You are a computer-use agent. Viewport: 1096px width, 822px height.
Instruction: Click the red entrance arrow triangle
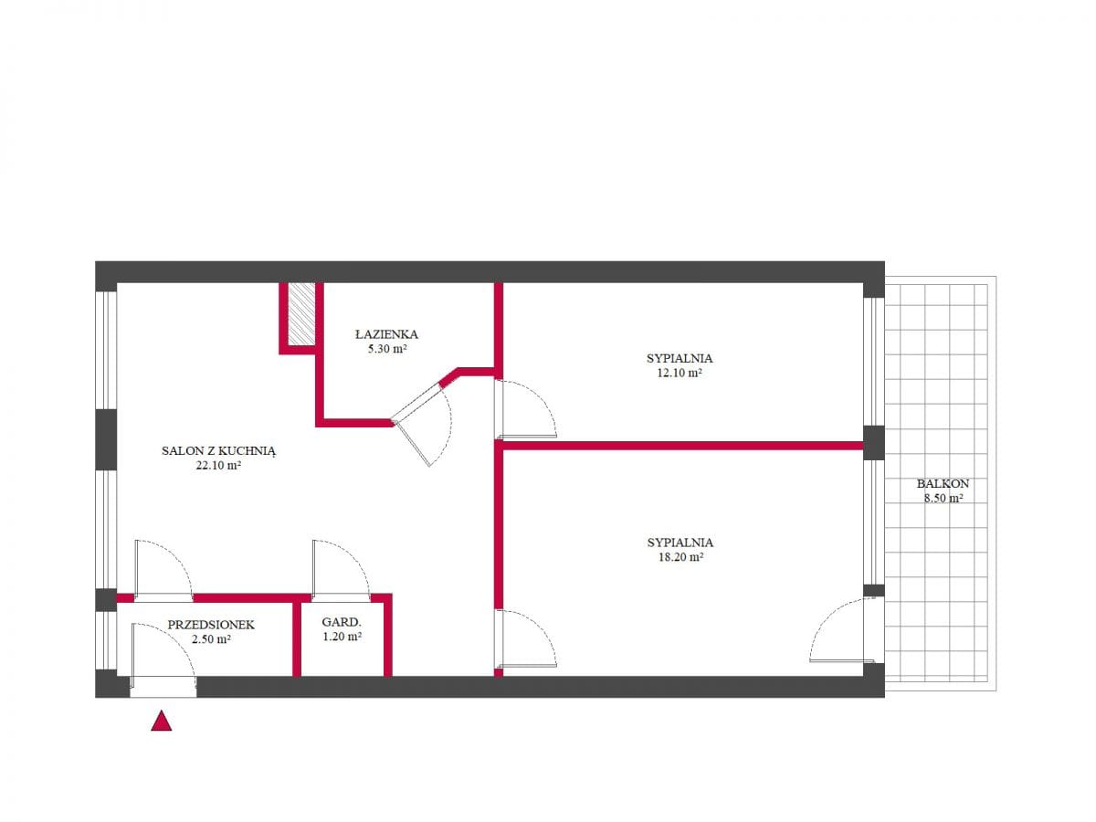point(162,722)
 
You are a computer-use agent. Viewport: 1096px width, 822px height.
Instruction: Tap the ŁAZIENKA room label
point(386,334)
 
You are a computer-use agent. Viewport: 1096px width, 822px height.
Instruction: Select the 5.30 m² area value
point(387,349)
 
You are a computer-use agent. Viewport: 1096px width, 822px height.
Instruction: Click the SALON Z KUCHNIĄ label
point(218,451)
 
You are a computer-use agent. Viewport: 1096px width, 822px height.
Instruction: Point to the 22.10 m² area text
point(218,466)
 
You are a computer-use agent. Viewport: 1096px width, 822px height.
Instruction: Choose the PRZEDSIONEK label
point(211,625)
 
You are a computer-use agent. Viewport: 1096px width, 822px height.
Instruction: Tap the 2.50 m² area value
point(211,638)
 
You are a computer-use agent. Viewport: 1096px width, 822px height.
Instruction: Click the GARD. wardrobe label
point(342,622)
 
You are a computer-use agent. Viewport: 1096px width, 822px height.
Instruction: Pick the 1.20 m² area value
point(342,637)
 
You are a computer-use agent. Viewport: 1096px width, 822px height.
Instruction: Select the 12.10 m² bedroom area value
point(680,373)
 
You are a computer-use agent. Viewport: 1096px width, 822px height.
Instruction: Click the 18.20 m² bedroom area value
point(680,557)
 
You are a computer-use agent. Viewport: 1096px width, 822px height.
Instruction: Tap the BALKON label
point(943,484)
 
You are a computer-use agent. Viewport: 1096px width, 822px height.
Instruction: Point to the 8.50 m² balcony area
point(943,498)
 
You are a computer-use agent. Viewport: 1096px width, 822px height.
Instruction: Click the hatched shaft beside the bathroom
point(301,314)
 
